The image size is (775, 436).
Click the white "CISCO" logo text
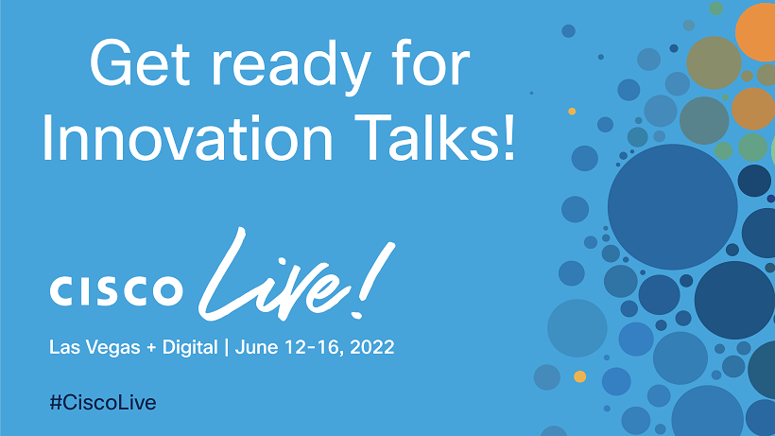pos(116,288)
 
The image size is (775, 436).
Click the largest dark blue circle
pos(672,207)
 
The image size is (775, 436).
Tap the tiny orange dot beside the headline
pos(572,112)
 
